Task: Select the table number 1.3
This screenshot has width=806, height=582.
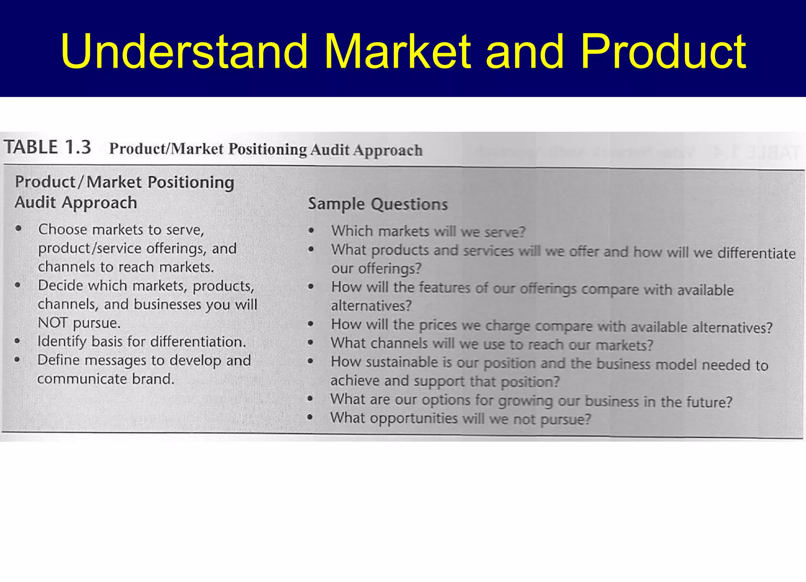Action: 78,147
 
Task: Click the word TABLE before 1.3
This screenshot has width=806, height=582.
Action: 31,147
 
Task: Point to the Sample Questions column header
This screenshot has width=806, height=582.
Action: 378,204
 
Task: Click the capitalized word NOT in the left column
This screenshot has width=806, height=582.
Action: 53,323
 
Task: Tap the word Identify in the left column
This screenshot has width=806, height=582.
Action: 61,342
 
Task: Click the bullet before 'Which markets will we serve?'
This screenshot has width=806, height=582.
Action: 311,231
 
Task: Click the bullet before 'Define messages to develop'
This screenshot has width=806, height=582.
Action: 17,360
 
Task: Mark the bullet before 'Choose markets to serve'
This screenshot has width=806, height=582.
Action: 18,229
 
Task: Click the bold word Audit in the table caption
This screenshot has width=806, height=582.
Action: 329,150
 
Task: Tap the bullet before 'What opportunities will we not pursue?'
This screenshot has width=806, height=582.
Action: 310,417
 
